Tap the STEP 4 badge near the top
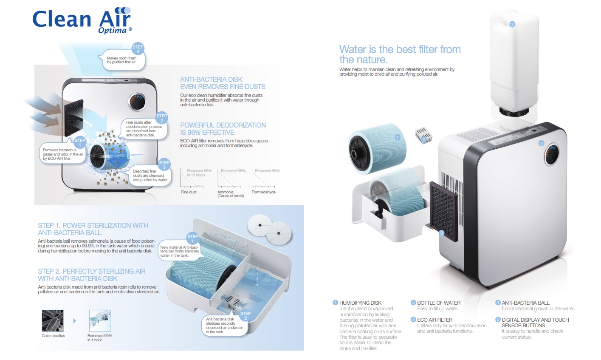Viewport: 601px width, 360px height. (138, 49)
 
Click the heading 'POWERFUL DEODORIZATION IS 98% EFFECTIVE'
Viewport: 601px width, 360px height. (223, 129)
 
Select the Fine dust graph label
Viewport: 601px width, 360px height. (189, 192)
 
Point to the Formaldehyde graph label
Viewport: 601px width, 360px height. (263, 192)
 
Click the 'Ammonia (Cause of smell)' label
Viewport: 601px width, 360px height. (230, 194)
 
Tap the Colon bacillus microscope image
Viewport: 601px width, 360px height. (53, 320)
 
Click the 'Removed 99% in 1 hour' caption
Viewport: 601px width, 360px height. (99, 337)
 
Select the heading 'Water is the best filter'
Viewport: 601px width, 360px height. (399, 54)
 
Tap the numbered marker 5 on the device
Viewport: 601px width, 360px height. (541, 143)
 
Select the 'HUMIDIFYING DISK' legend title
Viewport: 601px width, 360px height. (360, 303)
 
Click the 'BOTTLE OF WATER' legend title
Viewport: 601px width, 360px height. (438, 303)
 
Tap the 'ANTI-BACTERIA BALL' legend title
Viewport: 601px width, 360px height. (525, 303)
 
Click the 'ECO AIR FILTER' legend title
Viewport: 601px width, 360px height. (435, 320)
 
